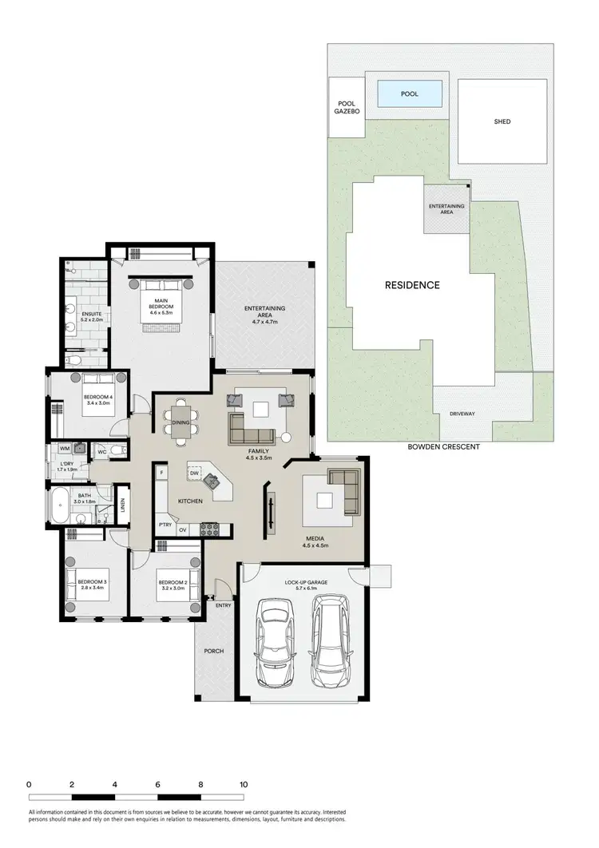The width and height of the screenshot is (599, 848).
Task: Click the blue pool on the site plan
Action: [x=410, y=94]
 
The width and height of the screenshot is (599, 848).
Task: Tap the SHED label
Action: [x=502, y=121]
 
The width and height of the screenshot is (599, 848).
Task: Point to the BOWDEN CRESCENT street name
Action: [x=443, y=447]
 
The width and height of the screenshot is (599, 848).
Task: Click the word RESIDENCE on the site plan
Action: [x=412, y=285]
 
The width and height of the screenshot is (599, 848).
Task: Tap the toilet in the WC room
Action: [x=118, y=450]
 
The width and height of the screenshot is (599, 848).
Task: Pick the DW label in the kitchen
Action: [x=194, y=474]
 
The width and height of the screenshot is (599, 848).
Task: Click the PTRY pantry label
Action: [x=165, y=525]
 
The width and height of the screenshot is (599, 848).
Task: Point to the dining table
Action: [x=180, y=423]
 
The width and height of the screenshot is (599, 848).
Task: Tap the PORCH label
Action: [x=213, y=652]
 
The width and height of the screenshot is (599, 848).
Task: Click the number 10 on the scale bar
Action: [x=244, y=785]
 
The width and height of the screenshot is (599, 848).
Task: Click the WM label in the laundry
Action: [x=64, y=450]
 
